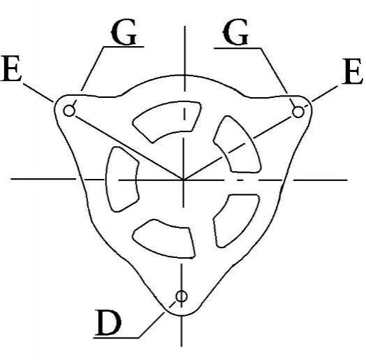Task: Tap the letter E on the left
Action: (11, 69)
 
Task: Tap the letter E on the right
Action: (352, 71)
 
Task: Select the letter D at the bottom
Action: (108, 323)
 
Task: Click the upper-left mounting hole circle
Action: (69, 110)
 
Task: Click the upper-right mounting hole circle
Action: (298, 112)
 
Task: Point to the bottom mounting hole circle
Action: (182, 296)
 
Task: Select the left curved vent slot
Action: (122, 180)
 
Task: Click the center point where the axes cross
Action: (184, 180)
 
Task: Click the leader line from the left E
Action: (38, 92)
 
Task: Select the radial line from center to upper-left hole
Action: (129, 147)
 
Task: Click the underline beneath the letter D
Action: (117, 338)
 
